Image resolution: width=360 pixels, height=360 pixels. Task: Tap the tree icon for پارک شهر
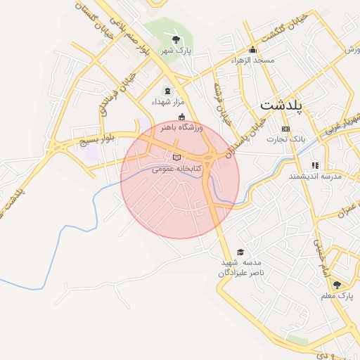coord(175,39)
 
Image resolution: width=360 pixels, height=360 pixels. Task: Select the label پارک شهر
coord(175,51)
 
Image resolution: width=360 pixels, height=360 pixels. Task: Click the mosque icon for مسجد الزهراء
coord(253,50)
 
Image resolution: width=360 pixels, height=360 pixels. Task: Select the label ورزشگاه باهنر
coord(182,127)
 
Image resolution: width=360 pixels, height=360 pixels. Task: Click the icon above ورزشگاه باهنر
coord(182,117)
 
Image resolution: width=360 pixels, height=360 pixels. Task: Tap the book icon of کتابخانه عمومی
coord(176,157)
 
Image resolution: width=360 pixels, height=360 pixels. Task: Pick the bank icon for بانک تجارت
coord(285,129)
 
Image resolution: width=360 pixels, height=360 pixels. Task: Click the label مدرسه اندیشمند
coord(314,176)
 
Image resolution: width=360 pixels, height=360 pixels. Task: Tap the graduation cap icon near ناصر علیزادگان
coord(240,252)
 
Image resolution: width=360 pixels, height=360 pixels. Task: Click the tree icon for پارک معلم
coord(337,285)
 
